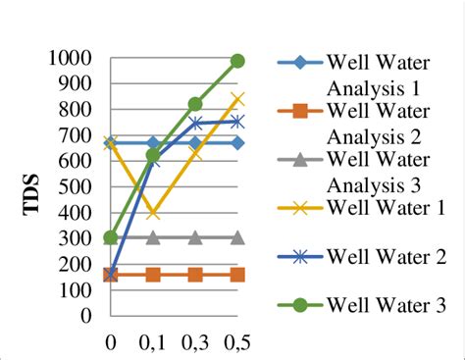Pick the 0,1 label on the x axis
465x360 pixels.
pyautogui.click(x=152, y=344)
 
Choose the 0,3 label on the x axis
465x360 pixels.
pyautogui.click(x=194, y=344)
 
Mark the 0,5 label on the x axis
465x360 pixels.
pyautogui.click(x=236, y=344)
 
